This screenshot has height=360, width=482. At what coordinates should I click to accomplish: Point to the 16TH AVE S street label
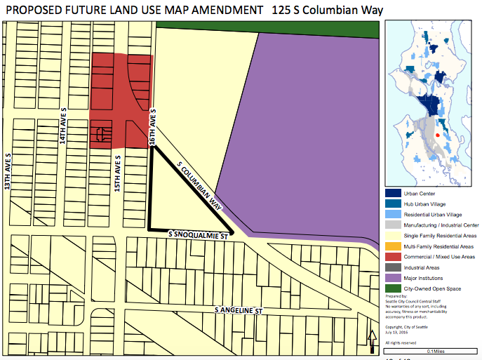[x=152, y=127]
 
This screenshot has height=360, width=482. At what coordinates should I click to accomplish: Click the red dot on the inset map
[x=437, y=135]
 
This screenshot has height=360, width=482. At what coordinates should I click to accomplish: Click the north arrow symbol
[x=371, y=342]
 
